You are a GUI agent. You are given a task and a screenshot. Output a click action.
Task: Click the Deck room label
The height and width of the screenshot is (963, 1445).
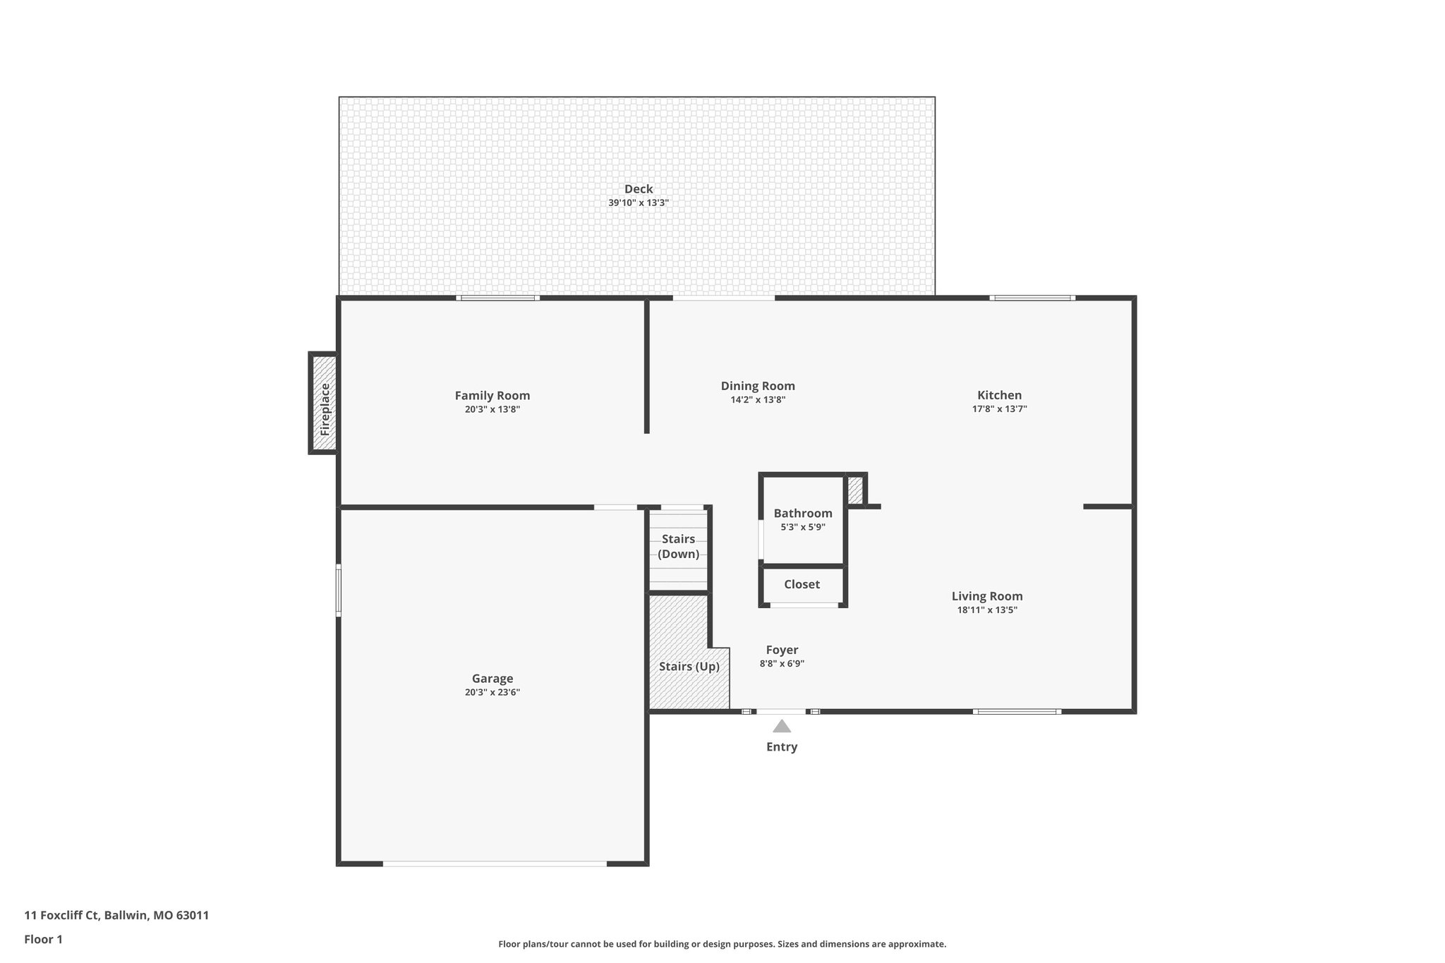coord(638,189)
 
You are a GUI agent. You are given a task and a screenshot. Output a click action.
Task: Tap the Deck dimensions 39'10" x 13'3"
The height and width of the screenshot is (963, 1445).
coord(638,203)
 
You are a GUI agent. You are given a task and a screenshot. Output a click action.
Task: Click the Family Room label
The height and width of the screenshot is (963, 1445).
coord(492,396)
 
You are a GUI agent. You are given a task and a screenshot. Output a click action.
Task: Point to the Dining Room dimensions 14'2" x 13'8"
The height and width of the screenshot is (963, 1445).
coord(757,400)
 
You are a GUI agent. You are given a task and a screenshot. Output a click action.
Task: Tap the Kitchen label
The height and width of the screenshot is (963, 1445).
coord(999,395)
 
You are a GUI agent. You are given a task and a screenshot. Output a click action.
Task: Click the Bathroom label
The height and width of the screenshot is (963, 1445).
coord(802,514)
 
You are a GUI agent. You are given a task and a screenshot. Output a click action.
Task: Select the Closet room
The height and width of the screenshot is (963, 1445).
coord(802,585)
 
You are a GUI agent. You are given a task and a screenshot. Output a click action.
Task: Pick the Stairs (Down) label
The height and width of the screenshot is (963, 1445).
coord(678,547)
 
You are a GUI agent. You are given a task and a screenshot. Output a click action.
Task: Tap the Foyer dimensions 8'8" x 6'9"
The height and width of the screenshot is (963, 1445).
coord(782,664)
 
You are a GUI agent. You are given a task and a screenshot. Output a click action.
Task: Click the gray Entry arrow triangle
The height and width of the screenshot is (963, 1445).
coord(781,727)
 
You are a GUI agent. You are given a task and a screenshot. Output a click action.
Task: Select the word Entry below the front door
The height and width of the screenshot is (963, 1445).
coord(781,747)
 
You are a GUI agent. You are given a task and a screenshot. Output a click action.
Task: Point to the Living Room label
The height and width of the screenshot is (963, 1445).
coord(986,597)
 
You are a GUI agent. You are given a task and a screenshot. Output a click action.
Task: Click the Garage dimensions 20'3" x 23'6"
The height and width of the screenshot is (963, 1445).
coord(492,693)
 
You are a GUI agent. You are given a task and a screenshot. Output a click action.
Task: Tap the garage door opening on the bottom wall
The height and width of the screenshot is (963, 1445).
coord(494,864)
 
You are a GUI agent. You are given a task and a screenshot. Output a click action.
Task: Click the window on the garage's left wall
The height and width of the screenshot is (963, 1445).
coord(339,590)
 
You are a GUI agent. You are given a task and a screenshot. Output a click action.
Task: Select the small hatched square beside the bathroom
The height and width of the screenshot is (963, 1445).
coord(854,490)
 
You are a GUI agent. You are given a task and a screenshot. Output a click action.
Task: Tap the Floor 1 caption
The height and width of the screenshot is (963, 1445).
coord(43,940)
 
